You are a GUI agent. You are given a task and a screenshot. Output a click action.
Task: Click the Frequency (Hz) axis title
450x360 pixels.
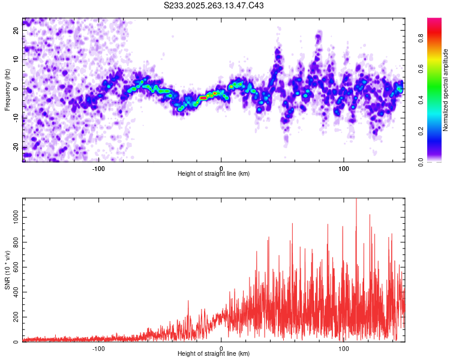click(x=7, y=90)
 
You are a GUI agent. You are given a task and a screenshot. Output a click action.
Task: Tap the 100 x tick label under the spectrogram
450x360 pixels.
click(x=344, y=167)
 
